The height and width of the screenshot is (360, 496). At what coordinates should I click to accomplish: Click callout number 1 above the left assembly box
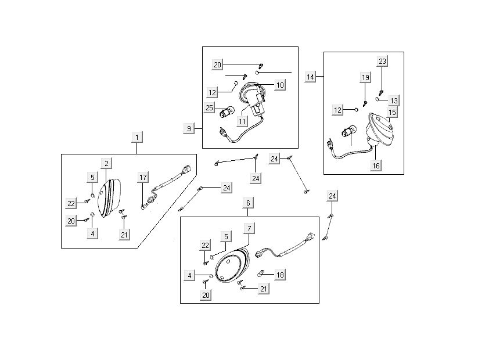[137, 138]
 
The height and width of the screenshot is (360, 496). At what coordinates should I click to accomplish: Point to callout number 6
[248, 203]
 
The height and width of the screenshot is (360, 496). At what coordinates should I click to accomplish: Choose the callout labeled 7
[249, 228]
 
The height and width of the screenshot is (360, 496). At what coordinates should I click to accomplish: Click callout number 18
[279, 275]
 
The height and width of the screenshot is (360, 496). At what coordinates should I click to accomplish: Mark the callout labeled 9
[189, 128]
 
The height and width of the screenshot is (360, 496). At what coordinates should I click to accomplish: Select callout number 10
[280, 85]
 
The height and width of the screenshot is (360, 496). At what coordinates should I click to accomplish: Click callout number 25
[210, 107]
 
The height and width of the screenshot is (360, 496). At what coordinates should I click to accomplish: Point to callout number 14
[311, 77]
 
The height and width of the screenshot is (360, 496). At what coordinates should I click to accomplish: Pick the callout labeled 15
[393, 112]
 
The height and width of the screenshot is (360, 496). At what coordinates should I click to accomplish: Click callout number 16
[376, 165]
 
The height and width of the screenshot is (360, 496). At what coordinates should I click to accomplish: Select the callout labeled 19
[365, 77]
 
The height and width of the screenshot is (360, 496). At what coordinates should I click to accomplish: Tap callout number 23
[382, 61]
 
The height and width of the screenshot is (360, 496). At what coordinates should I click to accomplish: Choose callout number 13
[394, 100]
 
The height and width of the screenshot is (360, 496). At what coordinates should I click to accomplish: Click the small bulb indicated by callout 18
[261, 272]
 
